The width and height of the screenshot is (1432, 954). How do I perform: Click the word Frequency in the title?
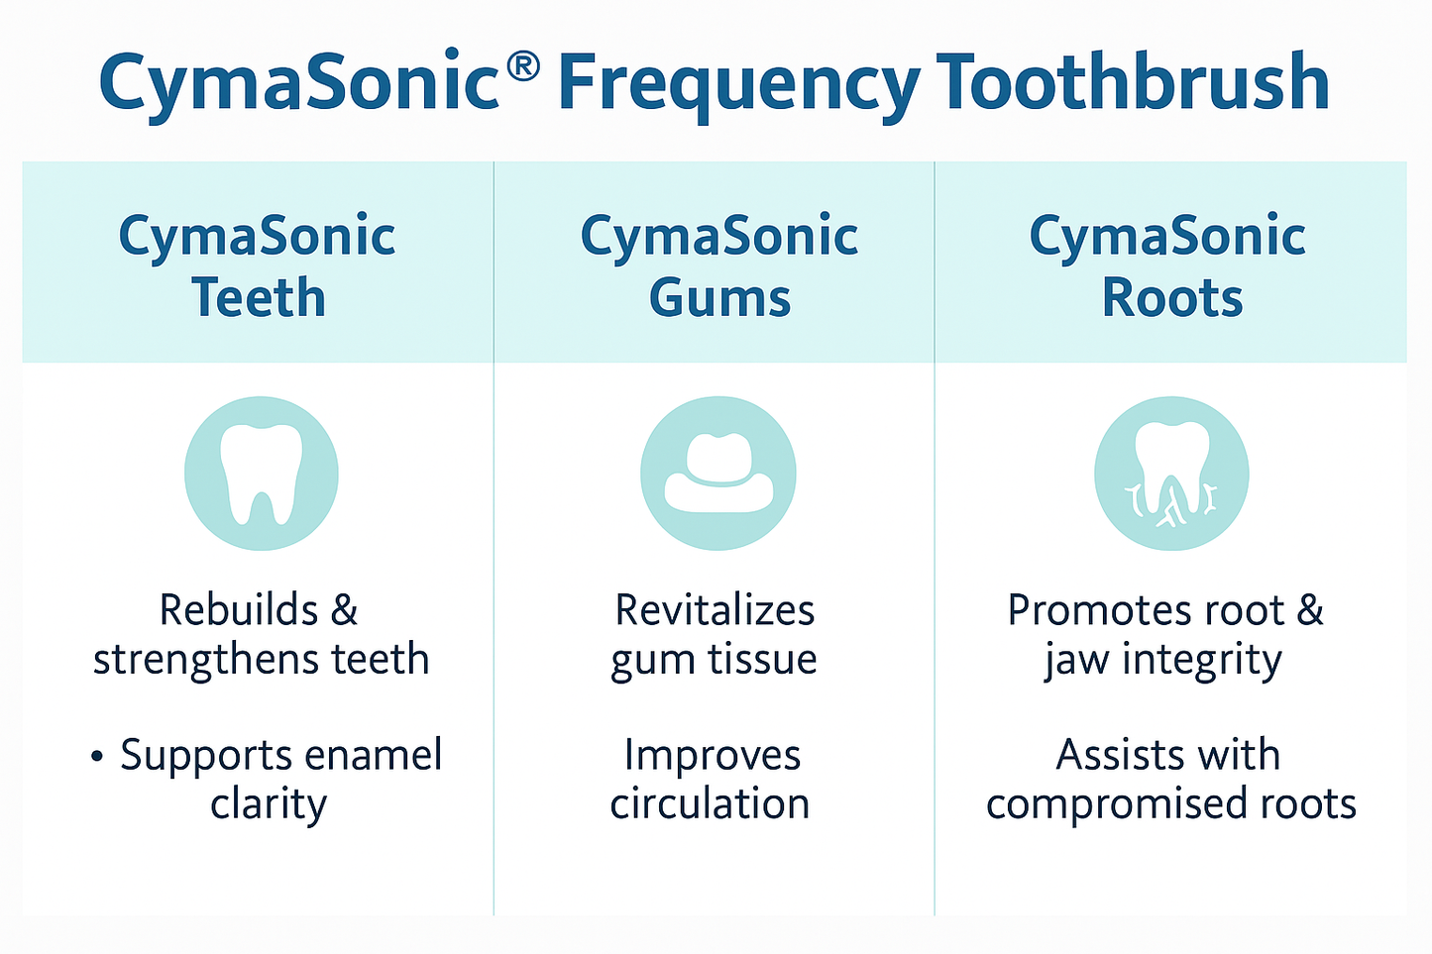738,85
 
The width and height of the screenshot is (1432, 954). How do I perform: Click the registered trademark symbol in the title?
522,66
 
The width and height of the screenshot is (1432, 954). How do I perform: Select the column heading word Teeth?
258,298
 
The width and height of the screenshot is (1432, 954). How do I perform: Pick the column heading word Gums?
719,298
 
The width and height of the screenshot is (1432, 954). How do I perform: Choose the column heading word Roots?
1171,298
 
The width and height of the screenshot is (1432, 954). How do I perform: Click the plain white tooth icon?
261,474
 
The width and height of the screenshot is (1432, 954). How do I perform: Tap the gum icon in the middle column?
718,474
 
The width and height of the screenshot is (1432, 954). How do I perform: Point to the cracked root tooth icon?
1171,474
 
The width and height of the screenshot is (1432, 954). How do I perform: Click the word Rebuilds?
239,610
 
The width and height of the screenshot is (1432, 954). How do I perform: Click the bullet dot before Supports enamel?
96,758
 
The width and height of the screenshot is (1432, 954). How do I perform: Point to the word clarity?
268,805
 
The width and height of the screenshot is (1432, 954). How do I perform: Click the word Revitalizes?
715,610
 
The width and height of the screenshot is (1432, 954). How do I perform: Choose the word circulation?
710,803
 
